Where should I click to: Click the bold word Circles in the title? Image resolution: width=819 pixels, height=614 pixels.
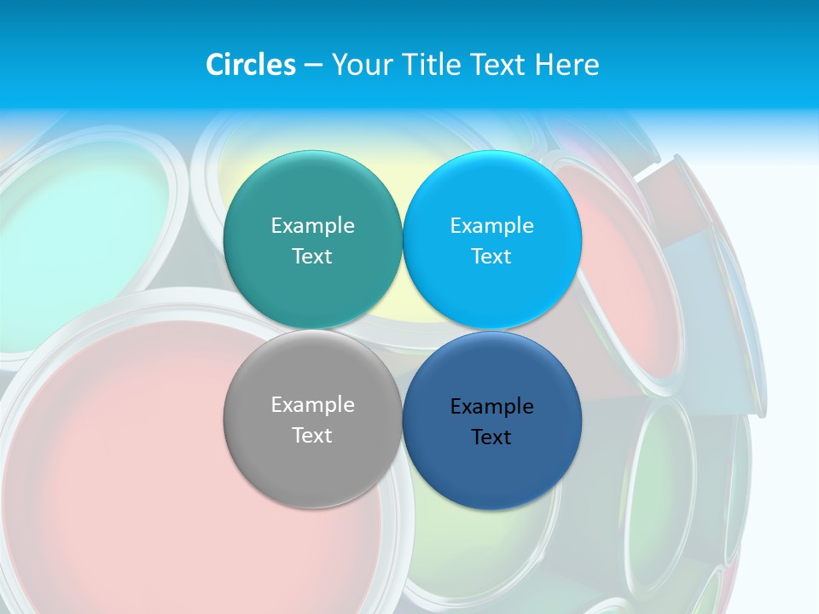tap(251, 65)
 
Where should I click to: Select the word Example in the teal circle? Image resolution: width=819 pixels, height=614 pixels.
tap(312, 225)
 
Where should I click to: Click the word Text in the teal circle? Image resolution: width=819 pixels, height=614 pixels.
tap(312, 256)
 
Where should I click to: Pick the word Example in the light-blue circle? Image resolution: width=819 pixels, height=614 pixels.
tap(491, 225)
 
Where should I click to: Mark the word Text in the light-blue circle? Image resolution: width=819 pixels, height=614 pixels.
tap(491, 256)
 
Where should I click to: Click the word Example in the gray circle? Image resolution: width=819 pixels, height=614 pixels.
tap(312, 404)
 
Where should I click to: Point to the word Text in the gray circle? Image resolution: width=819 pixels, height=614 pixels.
tap(312, 435)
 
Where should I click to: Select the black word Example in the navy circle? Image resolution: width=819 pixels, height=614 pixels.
tap(491, 406)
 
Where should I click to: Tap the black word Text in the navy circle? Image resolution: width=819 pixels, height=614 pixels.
tap(491, 437)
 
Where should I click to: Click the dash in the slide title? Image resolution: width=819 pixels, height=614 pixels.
tap(313, 66)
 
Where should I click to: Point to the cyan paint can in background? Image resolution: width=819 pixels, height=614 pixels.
tap(77, 230)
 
